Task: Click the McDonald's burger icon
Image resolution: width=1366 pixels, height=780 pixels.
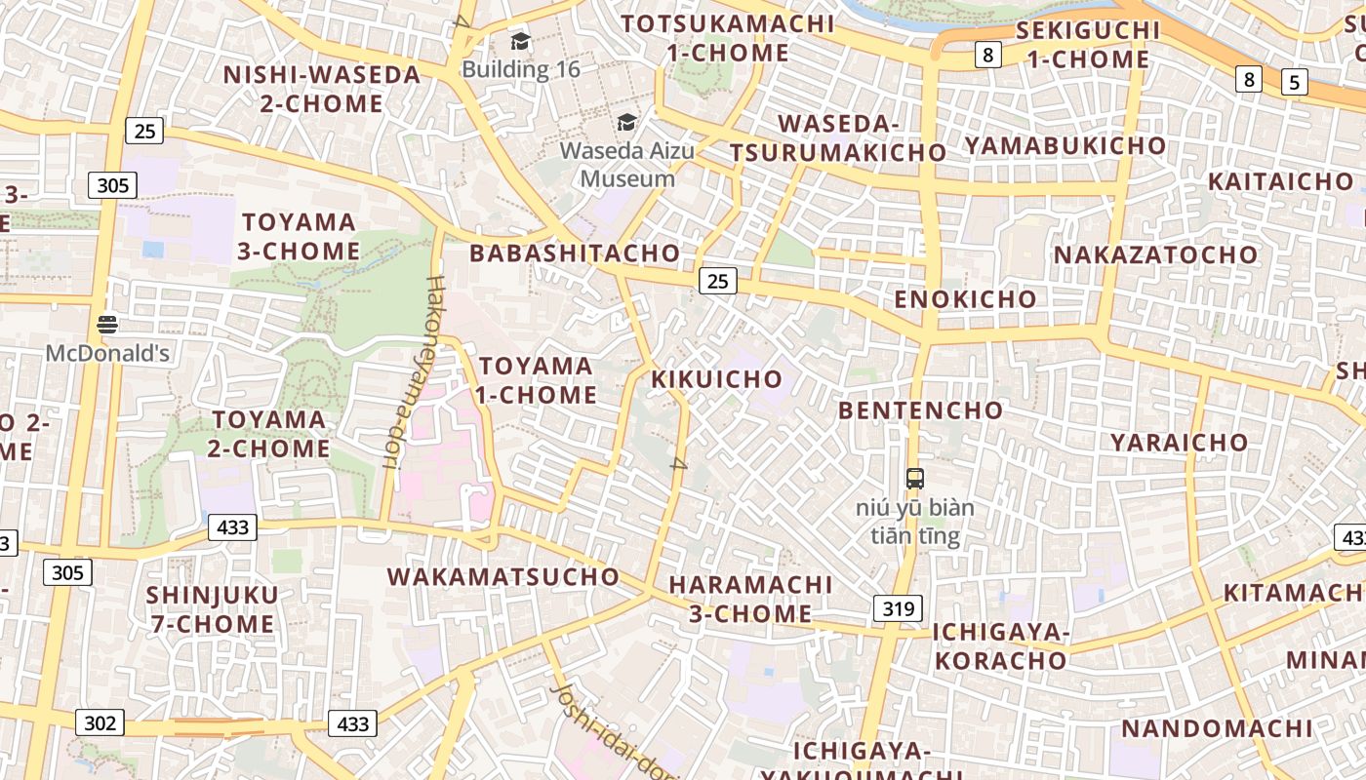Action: coord(107,325)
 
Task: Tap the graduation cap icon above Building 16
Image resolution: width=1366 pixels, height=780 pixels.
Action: coord(520,42)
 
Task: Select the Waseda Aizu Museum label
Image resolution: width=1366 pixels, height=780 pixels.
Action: coord(626,165)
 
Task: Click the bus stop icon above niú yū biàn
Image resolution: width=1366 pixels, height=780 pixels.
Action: coord(915,479)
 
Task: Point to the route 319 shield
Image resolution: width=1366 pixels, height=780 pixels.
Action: coord(898,609)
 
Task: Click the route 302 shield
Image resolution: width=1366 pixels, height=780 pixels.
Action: coord(100,722)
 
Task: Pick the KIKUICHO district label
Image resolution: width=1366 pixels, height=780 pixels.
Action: coord(717,379)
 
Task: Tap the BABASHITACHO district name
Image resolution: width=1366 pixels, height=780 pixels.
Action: coord(575,253)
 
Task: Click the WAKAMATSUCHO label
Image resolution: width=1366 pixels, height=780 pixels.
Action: coord(503,576)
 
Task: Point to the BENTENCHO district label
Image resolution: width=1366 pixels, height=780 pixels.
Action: coord(920,410)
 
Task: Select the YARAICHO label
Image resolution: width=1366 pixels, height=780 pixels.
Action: coord(1179,443)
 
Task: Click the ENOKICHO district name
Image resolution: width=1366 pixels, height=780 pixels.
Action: coord(965,299)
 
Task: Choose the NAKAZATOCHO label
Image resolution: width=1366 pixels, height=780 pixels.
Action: coord(1156,255)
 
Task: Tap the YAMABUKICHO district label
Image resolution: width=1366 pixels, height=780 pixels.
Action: coord(1065,146)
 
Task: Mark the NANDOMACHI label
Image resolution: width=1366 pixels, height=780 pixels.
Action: coord(1217,728)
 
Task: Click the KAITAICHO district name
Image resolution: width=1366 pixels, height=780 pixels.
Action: coord(1280,182)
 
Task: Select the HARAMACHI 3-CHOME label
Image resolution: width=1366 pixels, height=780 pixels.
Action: coord(750,599)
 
